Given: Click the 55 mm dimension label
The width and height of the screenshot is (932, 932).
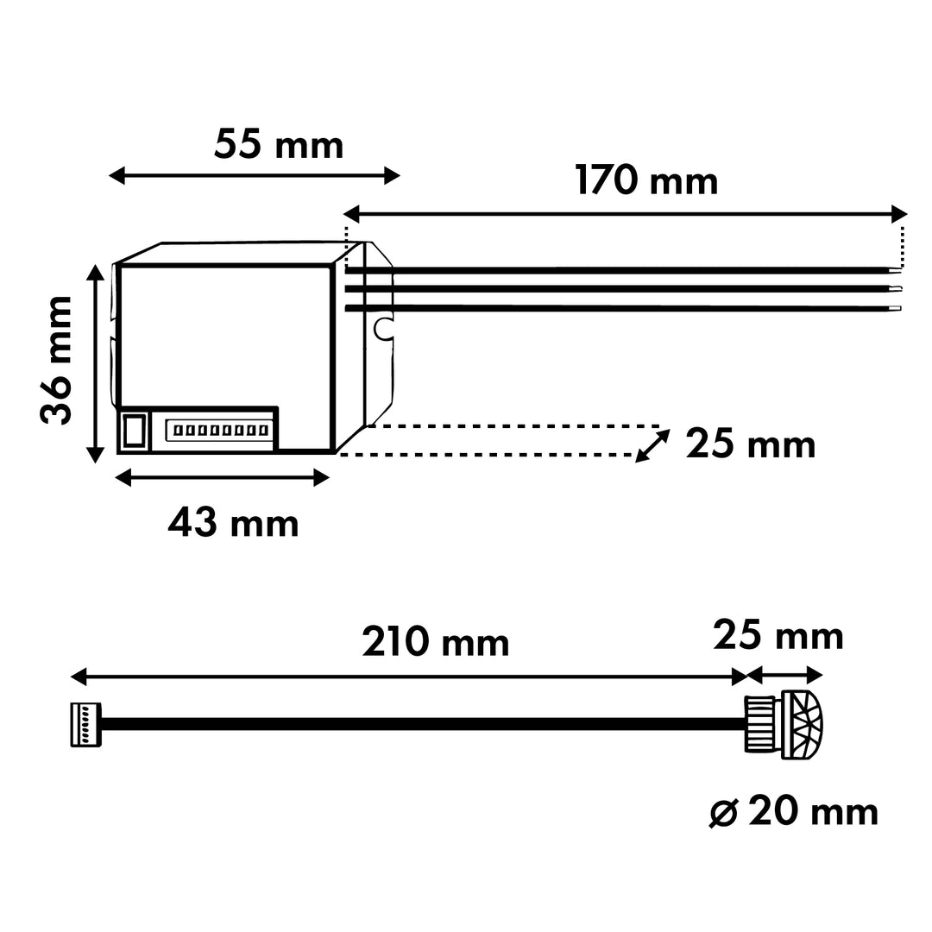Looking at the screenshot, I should click(279, 145).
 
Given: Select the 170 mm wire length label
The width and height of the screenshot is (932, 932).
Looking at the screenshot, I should click(646, 182).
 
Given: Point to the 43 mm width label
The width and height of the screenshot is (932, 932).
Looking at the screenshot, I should click(233, 524).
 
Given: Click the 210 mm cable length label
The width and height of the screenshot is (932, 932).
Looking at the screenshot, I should click(436, 643).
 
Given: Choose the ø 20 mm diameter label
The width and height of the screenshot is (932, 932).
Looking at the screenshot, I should click(793, 812).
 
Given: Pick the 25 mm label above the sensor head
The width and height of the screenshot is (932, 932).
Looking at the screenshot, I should click(778, 637).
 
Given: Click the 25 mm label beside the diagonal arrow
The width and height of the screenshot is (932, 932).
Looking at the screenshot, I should click(750, 446).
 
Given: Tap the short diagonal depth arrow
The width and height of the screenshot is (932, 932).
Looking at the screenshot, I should click(653, 446).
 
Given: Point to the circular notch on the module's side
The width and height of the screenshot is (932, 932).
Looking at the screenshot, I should click(382, 327).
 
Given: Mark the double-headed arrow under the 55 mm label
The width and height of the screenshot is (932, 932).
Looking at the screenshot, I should click(255, 177).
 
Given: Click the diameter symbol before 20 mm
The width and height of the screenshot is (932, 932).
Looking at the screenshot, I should click(722, 813).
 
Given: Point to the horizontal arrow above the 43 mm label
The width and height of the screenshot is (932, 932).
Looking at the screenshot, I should click(224, 477).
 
